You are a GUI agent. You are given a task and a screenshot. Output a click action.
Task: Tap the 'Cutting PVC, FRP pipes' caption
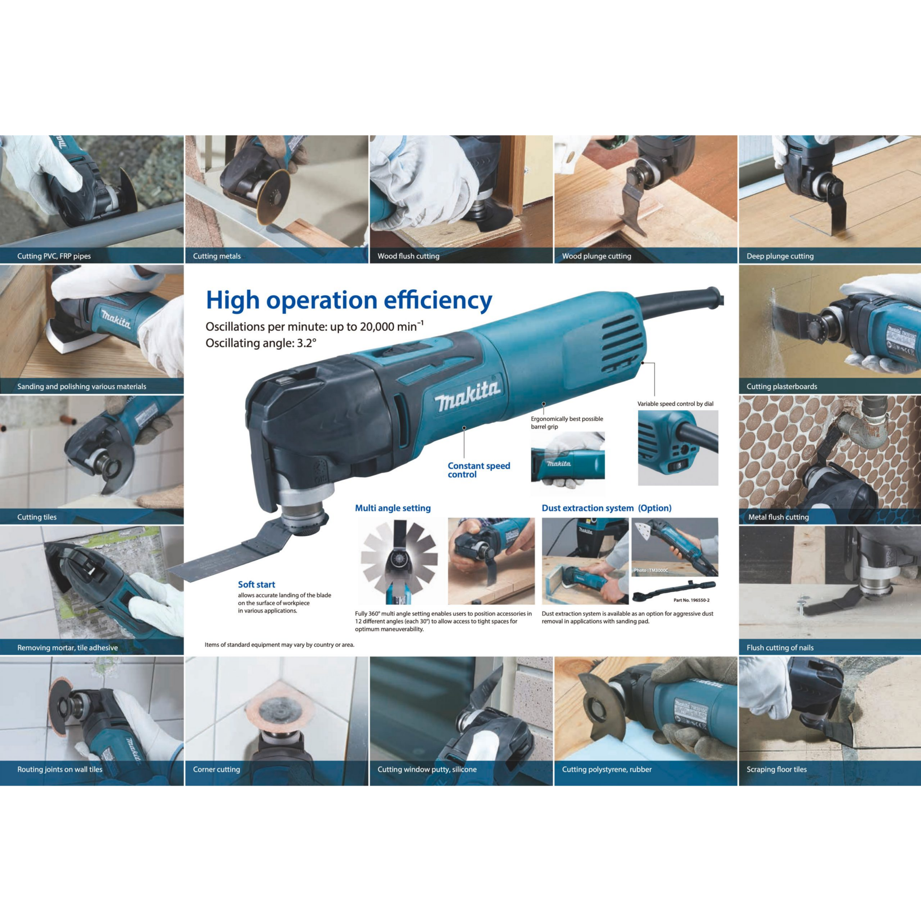tap(54, 256)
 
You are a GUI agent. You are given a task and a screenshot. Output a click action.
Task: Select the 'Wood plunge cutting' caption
tap(596, 256)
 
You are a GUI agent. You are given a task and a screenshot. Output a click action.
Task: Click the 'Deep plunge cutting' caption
tap(780, 256)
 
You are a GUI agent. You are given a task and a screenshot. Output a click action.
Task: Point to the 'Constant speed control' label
tap(478, 470)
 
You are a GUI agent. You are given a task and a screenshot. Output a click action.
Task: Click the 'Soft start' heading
tap(257, 585)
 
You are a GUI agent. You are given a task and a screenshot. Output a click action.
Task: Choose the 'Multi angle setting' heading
tap(393, 508)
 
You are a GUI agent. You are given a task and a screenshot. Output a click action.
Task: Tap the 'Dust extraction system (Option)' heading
tap(606, 508)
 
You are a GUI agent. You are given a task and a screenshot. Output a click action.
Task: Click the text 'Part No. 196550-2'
tap(691, 600)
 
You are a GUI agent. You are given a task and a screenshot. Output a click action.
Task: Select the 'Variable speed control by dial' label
tap(676, 404)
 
